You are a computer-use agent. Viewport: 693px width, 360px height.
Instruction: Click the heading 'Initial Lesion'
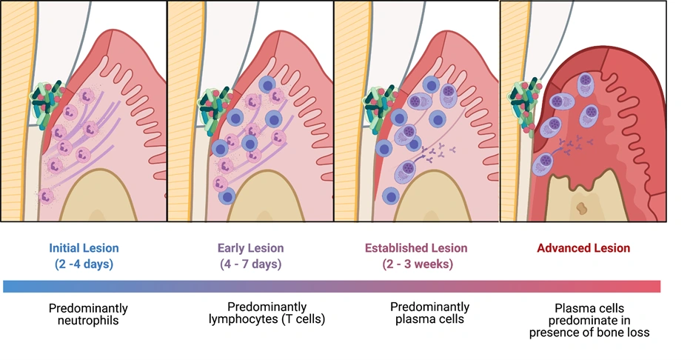[84, 248]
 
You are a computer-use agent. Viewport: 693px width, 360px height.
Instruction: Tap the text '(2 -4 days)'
[84, 264]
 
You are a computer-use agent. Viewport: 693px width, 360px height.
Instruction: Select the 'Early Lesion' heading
[250, 248]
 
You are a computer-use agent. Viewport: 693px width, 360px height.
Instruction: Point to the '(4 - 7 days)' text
[250, 264]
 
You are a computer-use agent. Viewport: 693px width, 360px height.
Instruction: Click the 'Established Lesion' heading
[416, 248]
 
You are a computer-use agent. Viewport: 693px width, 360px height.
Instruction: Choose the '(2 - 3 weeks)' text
[416, 264]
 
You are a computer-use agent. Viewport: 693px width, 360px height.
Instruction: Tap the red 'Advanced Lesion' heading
[583, 248]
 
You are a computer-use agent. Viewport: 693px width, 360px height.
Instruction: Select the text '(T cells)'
[301, 320]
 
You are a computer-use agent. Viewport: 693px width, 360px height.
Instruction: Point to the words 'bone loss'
[626, 332]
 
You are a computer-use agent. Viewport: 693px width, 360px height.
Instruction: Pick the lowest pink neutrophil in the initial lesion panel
[47, 196]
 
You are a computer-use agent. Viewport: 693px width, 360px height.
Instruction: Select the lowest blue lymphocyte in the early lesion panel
[227, 196]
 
